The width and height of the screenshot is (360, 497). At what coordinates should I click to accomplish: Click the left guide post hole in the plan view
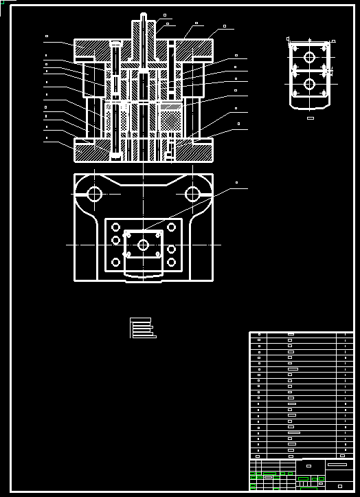click(x=94, y=194)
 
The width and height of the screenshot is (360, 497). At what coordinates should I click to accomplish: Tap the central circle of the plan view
click(x=143, y=245)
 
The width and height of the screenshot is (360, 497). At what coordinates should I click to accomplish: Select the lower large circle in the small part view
click(x=309, y=84)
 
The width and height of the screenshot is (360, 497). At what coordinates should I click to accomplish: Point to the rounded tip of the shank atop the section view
click(x=144, y=15)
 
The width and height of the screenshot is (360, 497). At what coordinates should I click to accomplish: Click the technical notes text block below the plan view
click(x=141, y=328)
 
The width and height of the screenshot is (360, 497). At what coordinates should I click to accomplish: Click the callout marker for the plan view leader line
click(x=237, y=183)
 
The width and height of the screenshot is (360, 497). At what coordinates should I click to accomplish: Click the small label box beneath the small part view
click(x=310, y=118)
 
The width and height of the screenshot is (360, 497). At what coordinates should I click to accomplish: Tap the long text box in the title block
click(x=337, y=465)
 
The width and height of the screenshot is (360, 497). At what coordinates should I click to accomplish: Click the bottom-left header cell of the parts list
click(x=258, y=455)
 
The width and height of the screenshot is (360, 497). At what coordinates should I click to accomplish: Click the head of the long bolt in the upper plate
click(x=115, y=44)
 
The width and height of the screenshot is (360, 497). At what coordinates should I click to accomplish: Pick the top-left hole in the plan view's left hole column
click(x=115, y=228)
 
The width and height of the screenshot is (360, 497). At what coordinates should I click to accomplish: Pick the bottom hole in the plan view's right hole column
click(x=171, y=262)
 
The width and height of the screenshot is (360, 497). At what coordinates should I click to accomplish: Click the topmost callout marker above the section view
click(x=164, y=14)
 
